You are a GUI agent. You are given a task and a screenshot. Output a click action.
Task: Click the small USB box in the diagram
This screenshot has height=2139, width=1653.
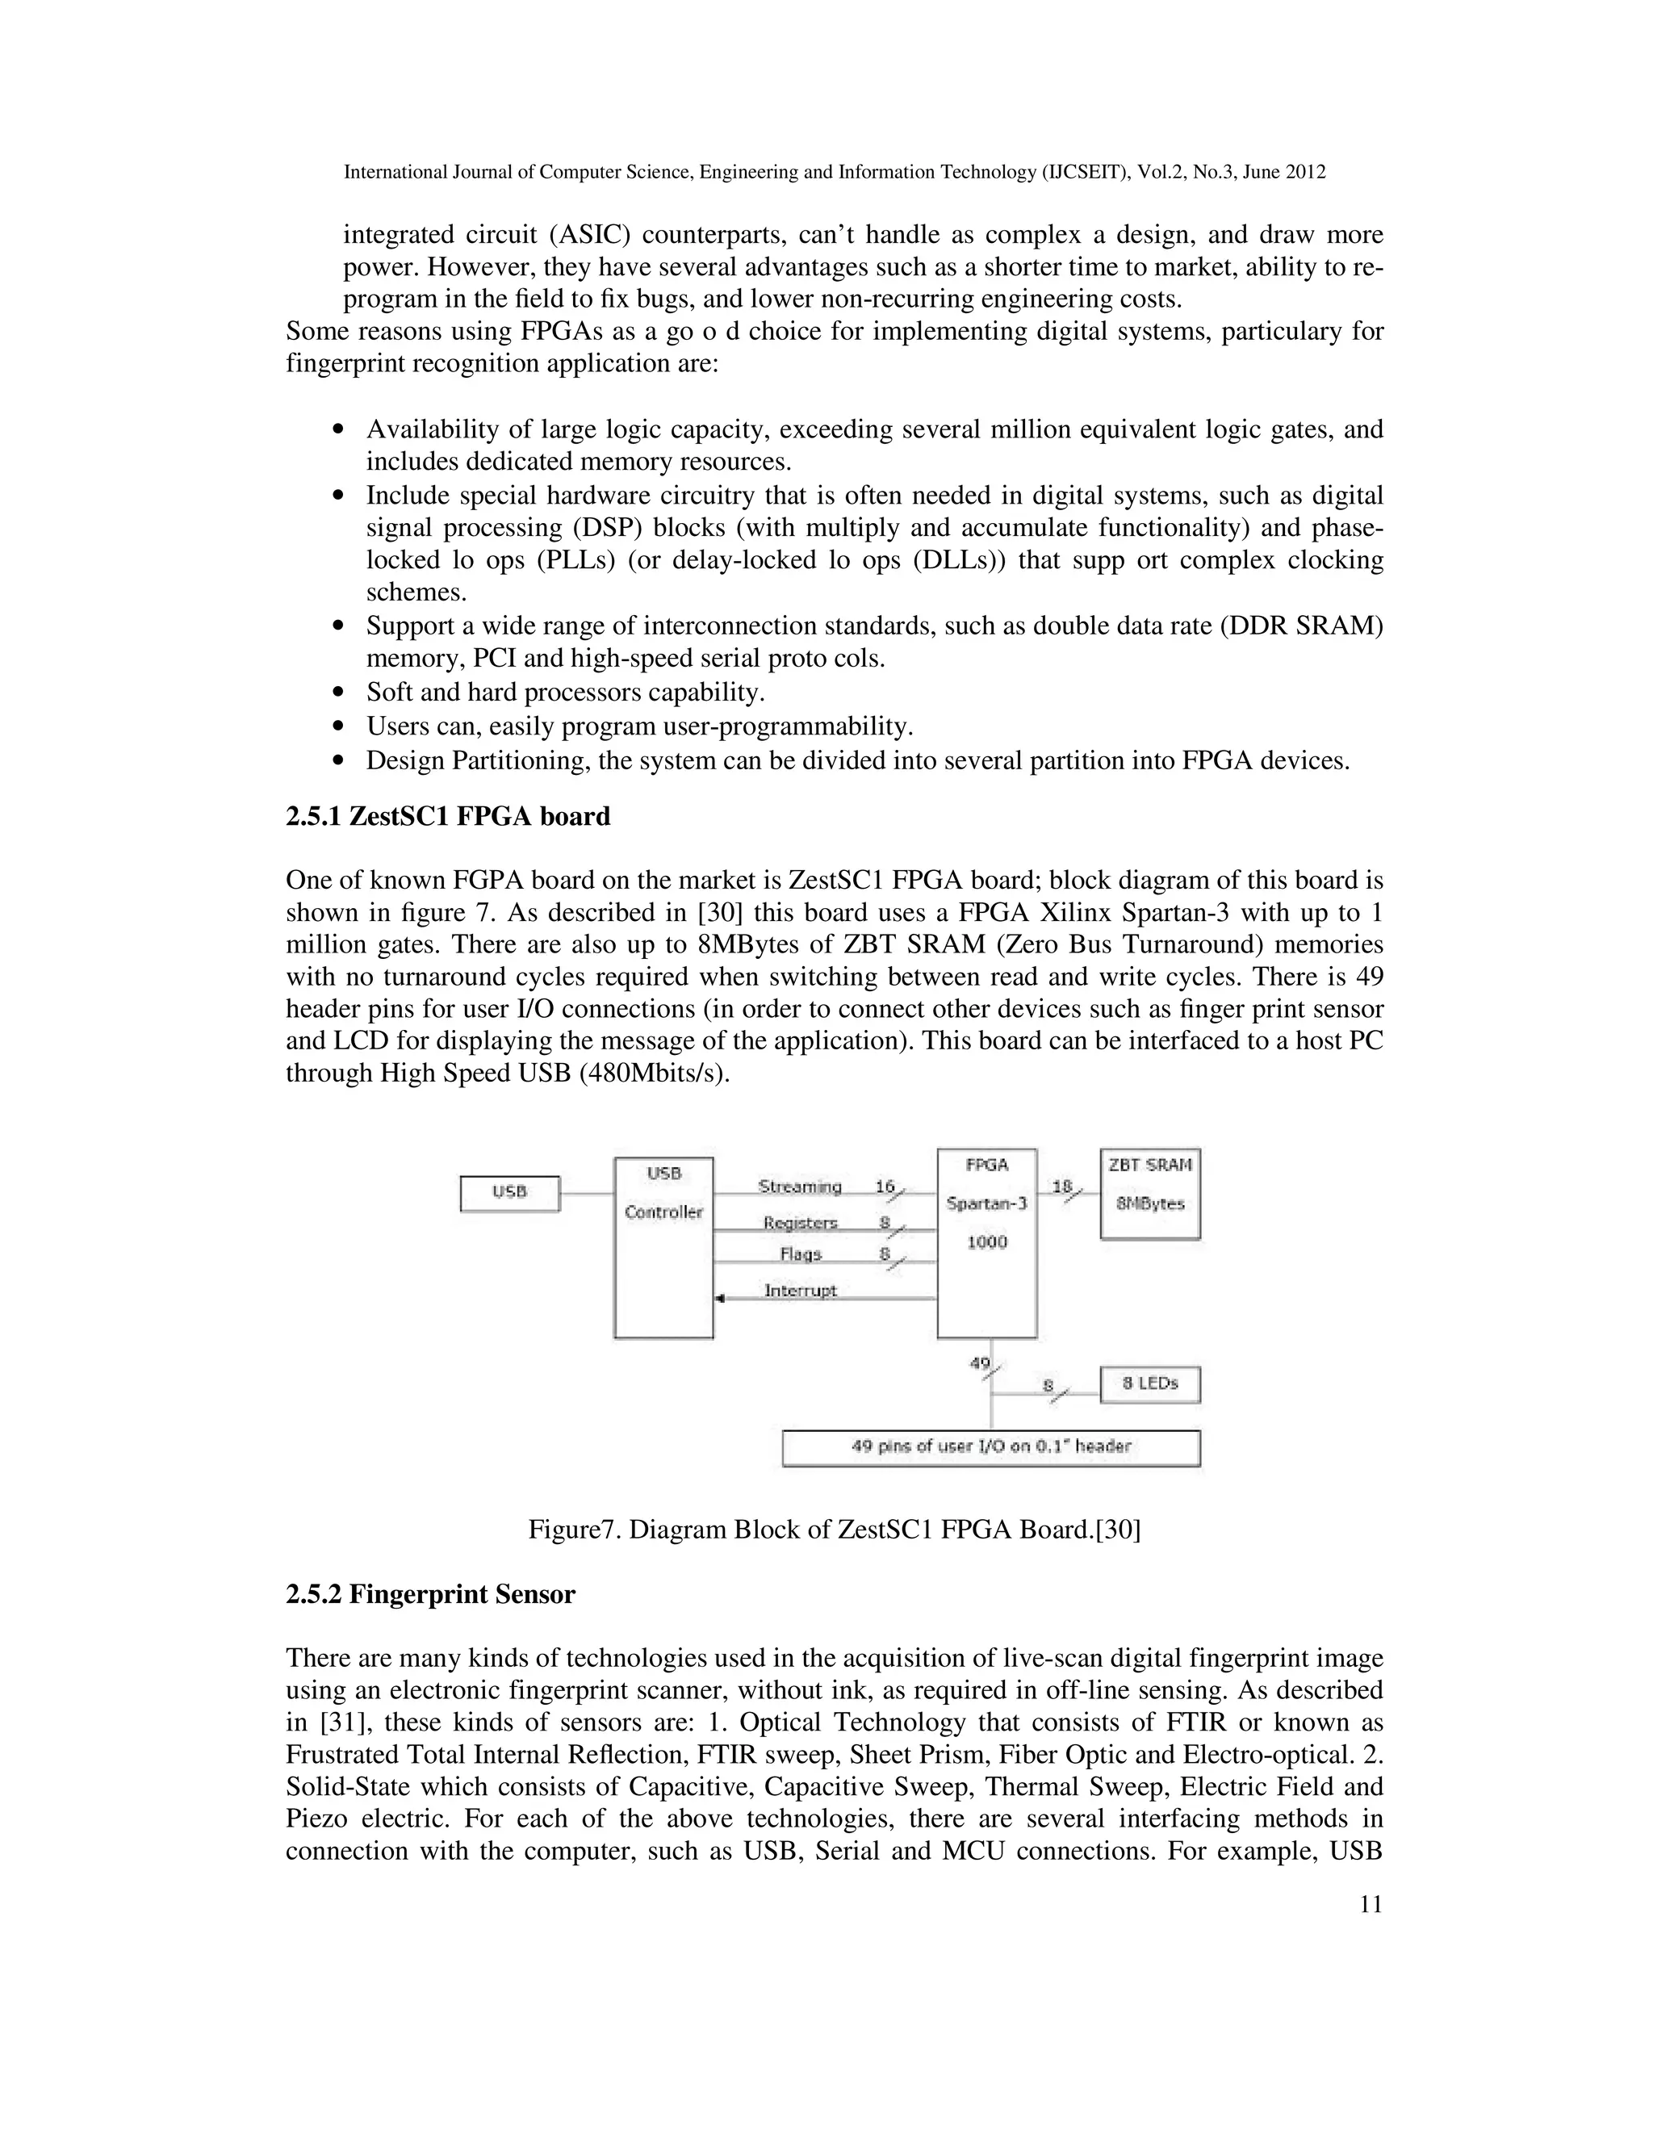tap(509, 1193)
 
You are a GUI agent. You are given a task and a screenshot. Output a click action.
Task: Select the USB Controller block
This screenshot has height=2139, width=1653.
tap(663, 1247)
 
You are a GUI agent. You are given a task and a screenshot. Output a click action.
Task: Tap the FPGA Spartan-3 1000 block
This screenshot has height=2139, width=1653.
tap(986, 1242)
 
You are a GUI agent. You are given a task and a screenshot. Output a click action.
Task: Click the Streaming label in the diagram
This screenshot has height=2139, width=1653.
tap(799, 1187)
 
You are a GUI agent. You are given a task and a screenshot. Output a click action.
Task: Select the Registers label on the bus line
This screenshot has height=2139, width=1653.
tap(800, 1223)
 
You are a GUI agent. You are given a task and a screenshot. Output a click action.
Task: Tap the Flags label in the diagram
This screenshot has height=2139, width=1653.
tap(800, 1254)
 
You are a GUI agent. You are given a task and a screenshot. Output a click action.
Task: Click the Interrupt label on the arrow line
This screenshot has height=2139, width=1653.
tap(800, 1291)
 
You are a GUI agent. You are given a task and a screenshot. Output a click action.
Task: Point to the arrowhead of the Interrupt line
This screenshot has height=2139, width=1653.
tap(720, 1299)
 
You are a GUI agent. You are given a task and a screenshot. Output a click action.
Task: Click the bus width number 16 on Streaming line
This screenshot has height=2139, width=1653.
tap(885, 1186)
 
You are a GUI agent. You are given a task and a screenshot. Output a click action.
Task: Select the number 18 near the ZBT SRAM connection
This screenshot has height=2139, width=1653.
tap(1061, 1186)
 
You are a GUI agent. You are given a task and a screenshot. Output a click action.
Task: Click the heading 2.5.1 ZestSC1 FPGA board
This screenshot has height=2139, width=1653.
tap(447, 817)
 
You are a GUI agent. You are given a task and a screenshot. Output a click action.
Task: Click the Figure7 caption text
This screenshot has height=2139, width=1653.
tap(835, 1530)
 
